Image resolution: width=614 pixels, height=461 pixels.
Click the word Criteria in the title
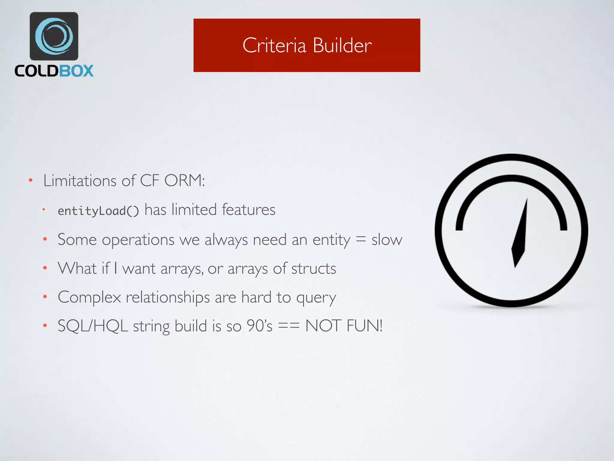[x=274, y=46]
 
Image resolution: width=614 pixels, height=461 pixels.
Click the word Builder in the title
[x=342, y=46]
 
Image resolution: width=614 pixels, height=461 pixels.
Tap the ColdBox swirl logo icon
[x=54, y=36]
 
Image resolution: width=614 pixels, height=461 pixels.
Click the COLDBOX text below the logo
[x=54, y=71]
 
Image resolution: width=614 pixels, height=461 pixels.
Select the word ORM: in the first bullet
[x=184, y=181]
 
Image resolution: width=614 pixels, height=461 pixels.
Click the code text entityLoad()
[x=98, y=211]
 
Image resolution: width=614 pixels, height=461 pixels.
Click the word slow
[x=387, y=240]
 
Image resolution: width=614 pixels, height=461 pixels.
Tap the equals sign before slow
[x=361, y=239]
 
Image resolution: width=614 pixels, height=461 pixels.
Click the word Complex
[x=89, y=297]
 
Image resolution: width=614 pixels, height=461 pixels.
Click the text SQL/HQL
[x=93, y=326]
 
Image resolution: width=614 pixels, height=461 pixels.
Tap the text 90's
[x=259, y=326]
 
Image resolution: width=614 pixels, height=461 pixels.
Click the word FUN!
[x=364, y=326]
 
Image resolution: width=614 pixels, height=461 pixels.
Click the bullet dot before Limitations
[x=31, y=180]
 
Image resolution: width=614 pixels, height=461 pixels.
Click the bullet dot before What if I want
[x=45, y=268]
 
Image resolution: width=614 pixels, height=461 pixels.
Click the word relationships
[x=168, y=297]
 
